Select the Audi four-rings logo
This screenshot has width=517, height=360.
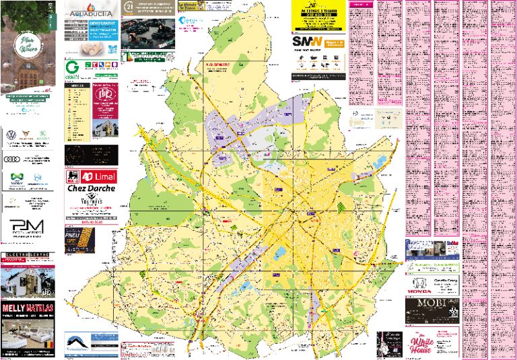tap(11, 159)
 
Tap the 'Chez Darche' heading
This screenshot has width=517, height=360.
tap(91, 188)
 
